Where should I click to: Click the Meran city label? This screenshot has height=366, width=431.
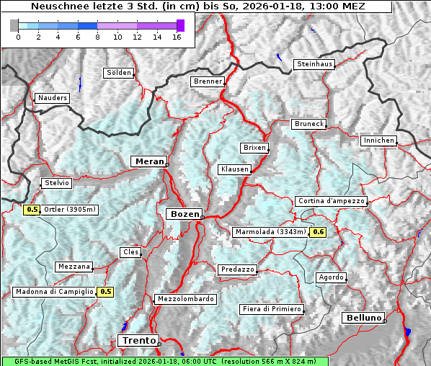click(148, 161)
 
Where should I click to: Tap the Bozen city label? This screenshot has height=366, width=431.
click(183, 214)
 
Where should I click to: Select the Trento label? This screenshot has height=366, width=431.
click(137, 340)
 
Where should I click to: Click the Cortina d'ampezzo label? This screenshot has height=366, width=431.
click(331, 201)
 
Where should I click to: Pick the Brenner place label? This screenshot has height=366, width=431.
click(208, 81)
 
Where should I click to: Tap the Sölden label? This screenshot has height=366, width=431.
click(119, 73)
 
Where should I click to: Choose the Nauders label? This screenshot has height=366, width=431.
click(53, 98)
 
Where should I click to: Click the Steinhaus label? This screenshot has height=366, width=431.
click(315, 64)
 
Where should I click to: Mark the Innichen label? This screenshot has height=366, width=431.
click(378, 140)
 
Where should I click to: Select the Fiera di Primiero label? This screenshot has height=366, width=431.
click(271, 309)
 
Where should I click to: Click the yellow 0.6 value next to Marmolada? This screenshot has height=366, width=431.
click(318, 232)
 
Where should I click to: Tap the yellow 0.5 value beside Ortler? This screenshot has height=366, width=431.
click(32, 210)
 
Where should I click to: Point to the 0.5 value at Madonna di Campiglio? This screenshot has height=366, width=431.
click(105, 292)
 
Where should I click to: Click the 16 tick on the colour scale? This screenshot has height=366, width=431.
click(177, 37)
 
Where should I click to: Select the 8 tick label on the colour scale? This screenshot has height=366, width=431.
click(97, 37)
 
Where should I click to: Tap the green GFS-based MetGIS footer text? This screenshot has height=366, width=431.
click(164, 361)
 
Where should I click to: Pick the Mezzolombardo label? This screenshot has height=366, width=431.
click(184, 299)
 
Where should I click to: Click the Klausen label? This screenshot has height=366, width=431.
click(234, 169)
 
